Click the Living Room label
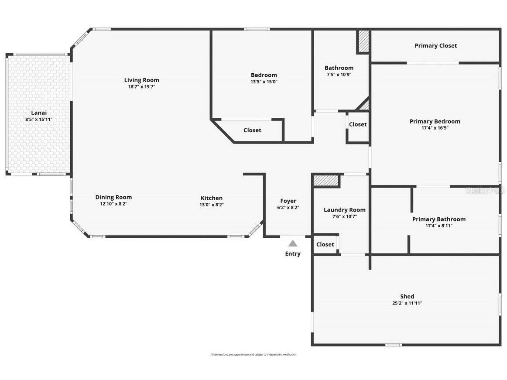pyautogui.click(x=142, y=80)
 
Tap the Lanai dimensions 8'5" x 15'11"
pyautogui.click(x=39, y=120)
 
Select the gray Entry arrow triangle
pyautogui.click(x=293, y=243)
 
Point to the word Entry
pyautogui.click(x=293, y=254)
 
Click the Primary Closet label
pyautogui.click(x=436, y=46)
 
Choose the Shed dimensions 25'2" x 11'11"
pyautogui.click(x=407, y=303)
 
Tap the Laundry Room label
pyautogui.click(x=345, y=210)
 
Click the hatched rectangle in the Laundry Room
pyautogui.click(x=326, y=181)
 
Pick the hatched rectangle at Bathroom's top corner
pyautogui.click(x=363, y=41)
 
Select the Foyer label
pyautogui.click(x=288, y=201)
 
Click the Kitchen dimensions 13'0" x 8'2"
pyautogui.click(x=212, y=205)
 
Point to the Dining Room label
pyautogui.click(x=113, y=197)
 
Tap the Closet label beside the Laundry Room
pyautogui.click(x=325, y=244)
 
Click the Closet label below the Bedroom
pyautogui.click(x=252, y=130)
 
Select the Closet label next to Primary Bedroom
pyautogui.click(x=358, y=124)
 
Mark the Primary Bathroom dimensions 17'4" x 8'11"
pyautogui.click(x=439, y=226)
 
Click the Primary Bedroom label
pyautogui.click(x=435, y=121)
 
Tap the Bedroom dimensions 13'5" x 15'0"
pyautogui.click(x=264, y=82)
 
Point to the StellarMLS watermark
pyautogui.click(x=485, y=191)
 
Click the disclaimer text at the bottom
pyautogui.click(x=254, y=354)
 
